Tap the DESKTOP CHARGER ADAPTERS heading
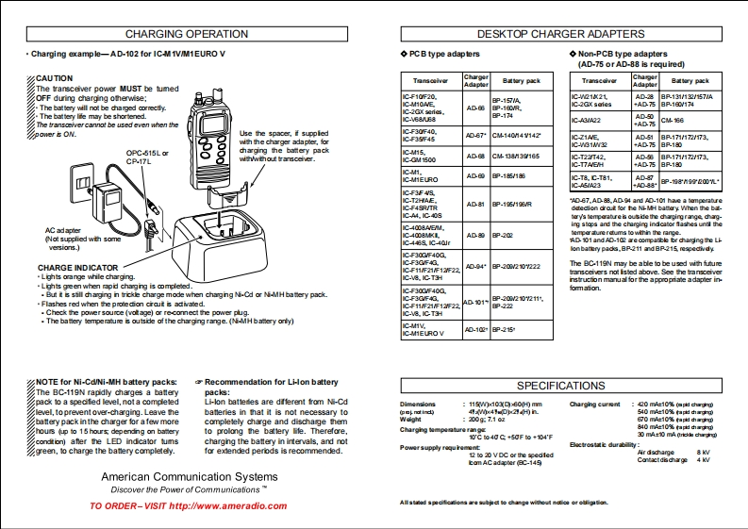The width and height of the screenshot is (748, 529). [x=559, y=34]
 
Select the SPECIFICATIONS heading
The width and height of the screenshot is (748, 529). [x=560, y=385]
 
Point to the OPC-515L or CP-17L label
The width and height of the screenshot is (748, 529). [x=148, y=156]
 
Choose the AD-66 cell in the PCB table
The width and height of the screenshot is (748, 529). [x=475, y=107]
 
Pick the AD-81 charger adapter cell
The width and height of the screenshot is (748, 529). [x=475, y=204]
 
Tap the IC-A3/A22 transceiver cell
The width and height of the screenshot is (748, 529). [x=588, y=120]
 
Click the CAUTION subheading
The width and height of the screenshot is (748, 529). [x=54, y=78]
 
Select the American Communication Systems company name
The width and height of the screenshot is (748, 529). [x=189, y=477]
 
